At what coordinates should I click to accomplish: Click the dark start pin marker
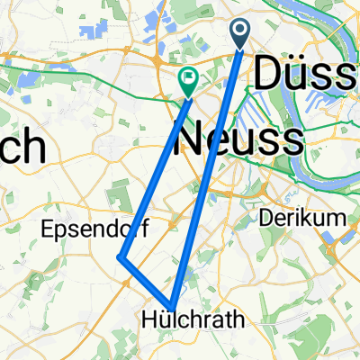click(241, 34)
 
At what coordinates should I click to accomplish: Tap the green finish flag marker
click(189, 82)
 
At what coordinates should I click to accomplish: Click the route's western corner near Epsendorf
click(121, 258)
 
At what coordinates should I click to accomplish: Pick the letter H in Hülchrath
click(150, 319)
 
